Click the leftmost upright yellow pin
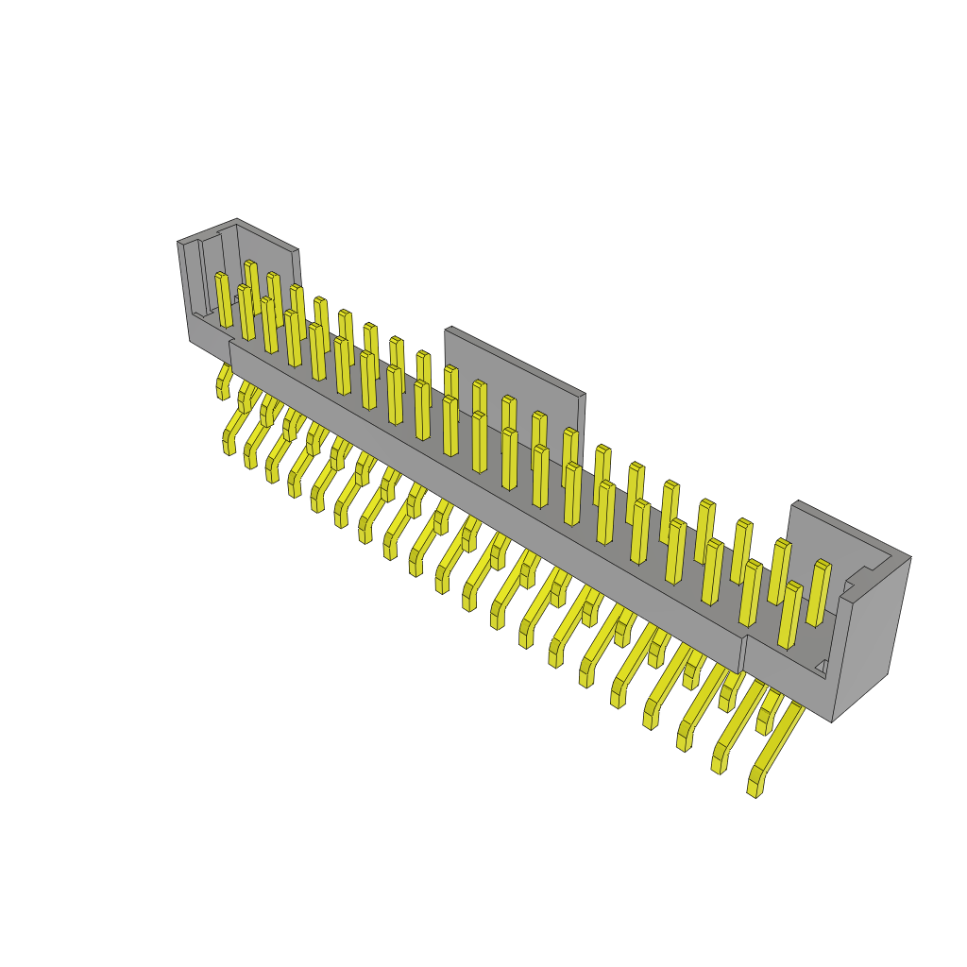(x=224, y=300)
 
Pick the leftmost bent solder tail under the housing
(x=224, y=382)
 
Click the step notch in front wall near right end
(x=744, y=652)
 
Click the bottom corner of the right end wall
(x=832, y=721)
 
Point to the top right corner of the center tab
(x=585, y=394)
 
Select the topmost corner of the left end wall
(x=236, y=219)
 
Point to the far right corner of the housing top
(x=910, y=556)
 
